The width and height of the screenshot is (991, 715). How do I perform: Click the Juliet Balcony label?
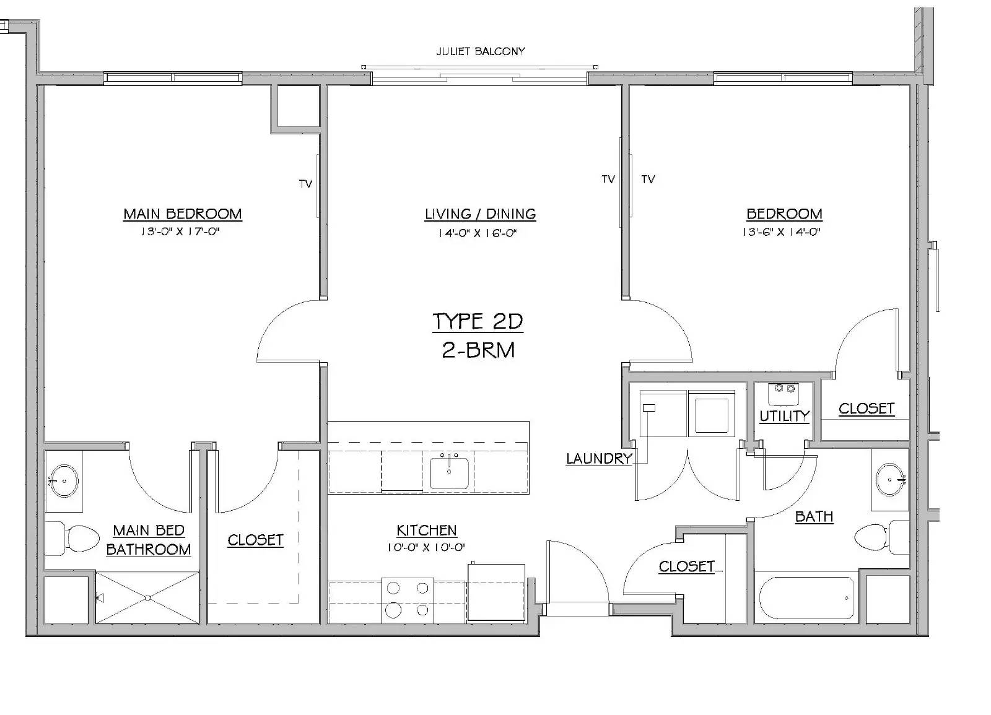pos(481,51)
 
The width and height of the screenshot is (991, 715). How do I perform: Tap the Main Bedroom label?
pos(182,214)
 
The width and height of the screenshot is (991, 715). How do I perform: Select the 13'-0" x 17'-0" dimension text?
pos(180,232)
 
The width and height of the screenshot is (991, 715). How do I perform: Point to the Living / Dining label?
pos(481,214)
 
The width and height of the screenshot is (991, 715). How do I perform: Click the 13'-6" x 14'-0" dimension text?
pos(781,232)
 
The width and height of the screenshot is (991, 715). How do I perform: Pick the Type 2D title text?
pos(478,321)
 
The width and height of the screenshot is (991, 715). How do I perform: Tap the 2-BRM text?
pos(478,350)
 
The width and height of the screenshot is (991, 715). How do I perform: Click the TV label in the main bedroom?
pos(306,184)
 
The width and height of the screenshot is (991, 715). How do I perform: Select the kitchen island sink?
pos(449,473)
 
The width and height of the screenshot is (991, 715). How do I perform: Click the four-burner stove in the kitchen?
pos(408,600)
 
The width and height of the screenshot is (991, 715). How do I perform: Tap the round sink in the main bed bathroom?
pos(64,480)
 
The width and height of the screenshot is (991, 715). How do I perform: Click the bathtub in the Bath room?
pos(806,598)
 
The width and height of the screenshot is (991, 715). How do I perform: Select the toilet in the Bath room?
pos(881,537)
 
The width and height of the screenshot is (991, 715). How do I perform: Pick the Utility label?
pos(784,416)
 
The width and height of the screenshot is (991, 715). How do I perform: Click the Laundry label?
pos(599,459)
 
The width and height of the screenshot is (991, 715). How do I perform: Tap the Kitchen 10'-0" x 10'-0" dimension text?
pos(427,547)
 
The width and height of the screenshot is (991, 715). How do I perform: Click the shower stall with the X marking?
pos(147,598)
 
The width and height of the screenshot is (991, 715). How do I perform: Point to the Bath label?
pos(814,516)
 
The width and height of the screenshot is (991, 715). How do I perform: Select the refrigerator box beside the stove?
pos(496,592)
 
